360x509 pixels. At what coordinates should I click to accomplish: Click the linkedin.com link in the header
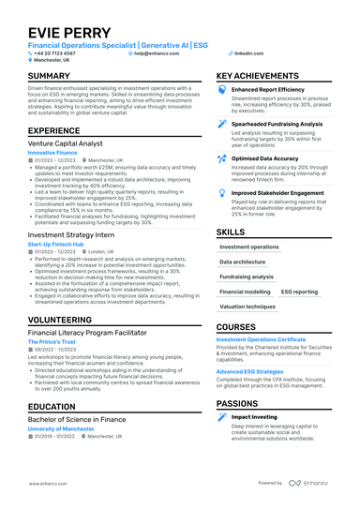click(x=248, y=54)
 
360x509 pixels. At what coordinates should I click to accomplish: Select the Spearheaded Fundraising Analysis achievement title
click(x=277, y=123)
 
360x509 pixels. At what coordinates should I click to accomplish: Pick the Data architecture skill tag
click(x=243, y=262)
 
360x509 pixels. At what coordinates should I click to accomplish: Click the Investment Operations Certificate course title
click(x=261, y=338)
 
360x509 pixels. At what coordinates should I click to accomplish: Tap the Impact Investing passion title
click(x=254, y=415)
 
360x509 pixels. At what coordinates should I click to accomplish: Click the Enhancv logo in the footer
click(x=318, y=483)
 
